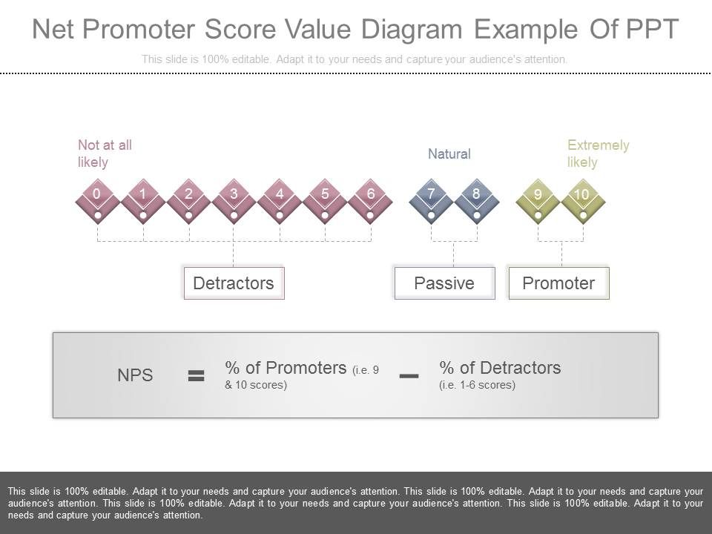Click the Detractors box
234,283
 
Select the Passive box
444,283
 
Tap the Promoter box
558,283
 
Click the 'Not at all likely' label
105,154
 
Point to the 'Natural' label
449,154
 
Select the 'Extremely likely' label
598,154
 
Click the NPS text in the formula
135,375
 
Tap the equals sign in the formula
196,376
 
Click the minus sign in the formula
409,376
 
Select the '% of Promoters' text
286,368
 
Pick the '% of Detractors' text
500,368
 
